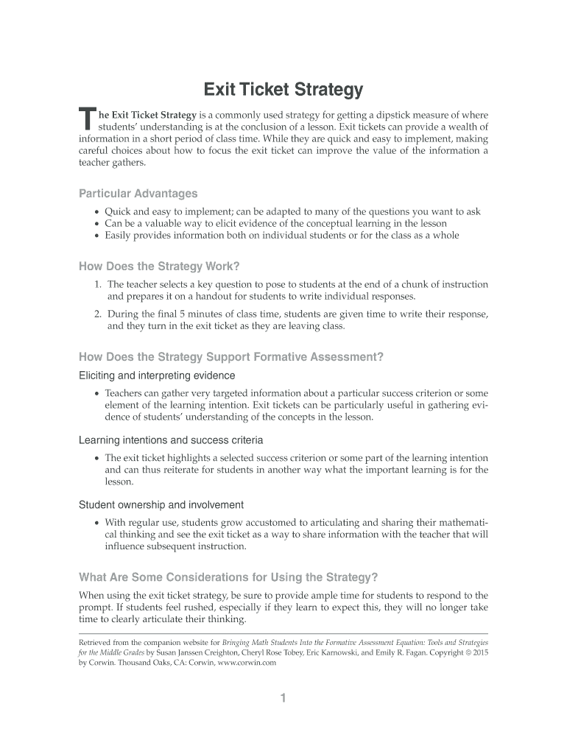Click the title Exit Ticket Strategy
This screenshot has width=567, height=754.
click(283, 90)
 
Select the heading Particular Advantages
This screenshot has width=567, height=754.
click(138, 194)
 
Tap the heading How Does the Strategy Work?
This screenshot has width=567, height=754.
click(160, 266)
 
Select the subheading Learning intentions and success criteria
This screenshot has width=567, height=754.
click(171, 440)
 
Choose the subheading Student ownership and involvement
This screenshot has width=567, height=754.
click(161, 505)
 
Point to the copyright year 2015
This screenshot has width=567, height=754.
click(479, 652)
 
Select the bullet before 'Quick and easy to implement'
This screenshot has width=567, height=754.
click(97, 211)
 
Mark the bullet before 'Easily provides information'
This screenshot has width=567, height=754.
click(97, 236)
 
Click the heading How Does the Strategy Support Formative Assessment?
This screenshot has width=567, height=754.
click(231, 357)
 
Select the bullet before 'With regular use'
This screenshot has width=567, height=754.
click(97, 523)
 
